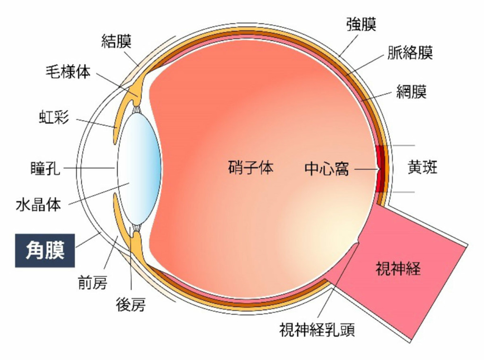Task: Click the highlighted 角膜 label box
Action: tap(45, 250)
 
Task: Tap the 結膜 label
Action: tap(116, 41)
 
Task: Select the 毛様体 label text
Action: tap(68, 72)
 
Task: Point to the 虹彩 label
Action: tap(54, 117)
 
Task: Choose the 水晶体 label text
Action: tap(38, 204)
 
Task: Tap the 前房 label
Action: tap(93, 282)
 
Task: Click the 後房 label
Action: tap(130, 304)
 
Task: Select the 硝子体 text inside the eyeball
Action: tap(251, 168)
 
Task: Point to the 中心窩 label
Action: tap(327, 169)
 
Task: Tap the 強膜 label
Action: tap(361, 24)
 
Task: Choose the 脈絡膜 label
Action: tap(410, 52)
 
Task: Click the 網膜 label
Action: tap(412, 91)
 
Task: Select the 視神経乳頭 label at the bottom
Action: tap(317, 329)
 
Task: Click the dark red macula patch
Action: tap(381, 169)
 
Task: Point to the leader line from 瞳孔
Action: tap(89, 168)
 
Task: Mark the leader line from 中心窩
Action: tap(367, 169)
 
